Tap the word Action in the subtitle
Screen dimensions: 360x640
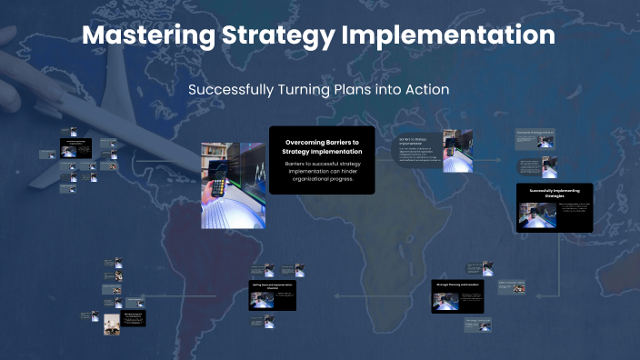point(426,91)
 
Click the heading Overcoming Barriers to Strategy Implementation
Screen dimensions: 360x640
point(323,146)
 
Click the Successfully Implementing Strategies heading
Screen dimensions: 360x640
point(554,193)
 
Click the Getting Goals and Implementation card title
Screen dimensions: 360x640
point(274,285)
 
